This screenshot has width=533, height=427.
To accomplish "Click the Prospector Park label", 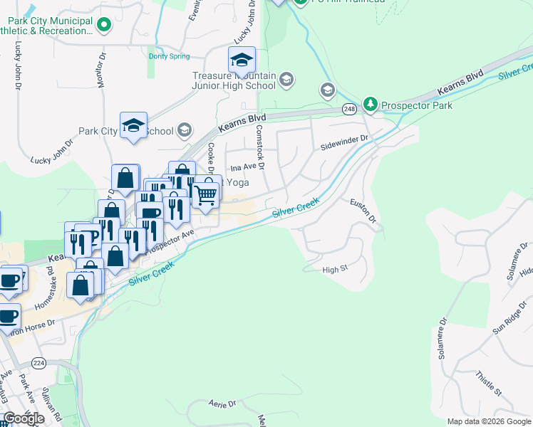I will click(416, 105).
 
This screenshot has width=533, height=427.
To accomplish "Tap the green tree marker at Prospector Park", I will click(371, 105).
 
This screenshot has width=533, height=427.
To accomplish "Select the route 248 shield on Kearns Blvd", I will click(348, 109).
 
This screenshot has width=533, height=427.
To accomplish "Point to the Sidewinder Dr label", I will click(344, 139).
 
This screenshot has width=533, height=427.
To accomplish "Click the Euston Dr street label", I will click(363, 211).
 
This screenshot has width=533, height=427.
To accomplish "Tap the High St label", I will click(334, 269).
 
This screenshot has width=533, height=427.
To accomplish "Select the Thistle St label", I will click(489, 381).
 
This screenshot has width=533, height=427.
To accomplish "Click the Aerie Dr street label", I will click(222, 404).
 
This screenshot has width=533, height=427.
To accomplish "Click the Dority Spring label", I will click(170, 56).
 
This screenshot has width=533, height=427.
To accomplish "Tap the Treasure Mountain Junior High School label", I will click(233, 80).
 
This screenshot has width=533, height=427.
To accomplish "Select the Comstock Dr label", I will click(260, 147).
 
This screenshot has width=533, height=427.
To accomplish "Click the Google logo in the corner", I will click(24, 418).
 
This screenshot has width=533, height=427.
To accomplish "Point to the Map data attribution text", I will click(488, 421).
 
